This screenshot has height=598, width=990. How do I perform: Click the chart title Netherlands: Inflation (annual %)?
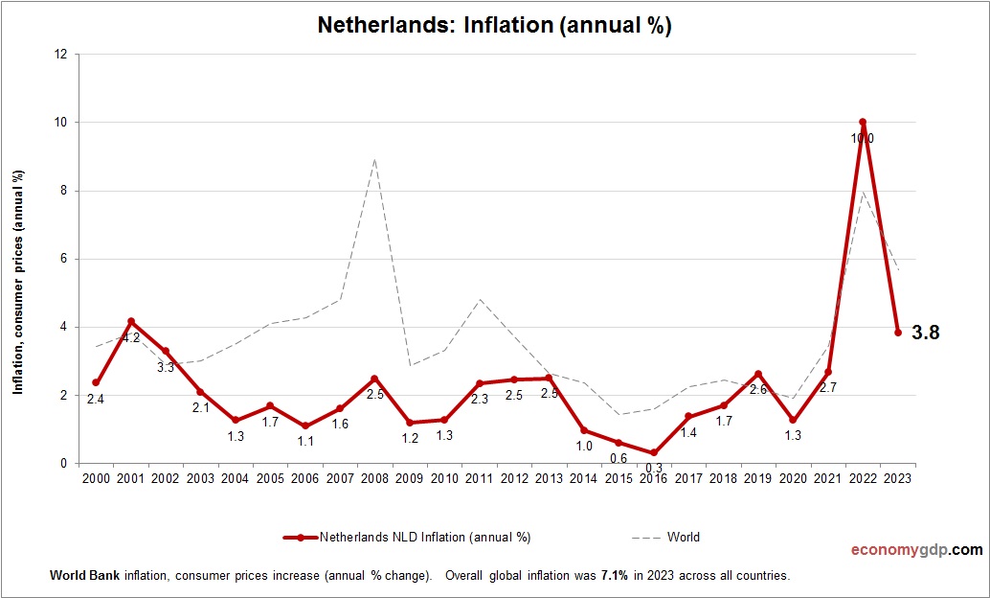point(494,26)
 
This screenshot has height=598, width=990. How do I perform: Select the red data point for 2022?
point(863,123)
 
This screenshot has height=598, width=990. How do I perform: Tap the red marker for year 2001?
point(130,321)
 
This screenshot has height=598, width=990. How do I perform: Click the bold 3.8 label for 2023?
point(925,333)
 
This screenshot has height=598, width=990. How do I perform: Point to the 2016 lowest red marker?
point(654,453)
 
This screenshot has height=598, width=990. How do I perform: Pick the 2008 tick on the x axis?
point(374,478)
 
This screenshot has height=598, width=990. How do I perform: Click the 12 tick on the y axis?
point(60,55)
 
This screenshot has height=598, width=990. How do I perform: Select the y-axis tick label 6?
point(63,259)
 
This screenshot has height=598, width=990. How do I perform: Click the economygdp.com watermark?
point(916,550)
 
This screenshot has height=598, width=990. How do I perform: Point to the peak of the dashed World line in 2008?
point(374,159)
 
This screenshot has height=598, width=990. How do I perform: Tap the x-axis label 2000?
point(96,478)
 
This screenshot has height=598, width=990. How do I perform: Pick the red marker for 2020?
point(793,420)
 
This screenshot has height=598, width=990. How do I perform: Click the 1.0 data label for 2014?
point(584,446)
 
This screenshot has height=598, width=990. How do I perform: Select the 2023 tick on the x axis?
point(897,478)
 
